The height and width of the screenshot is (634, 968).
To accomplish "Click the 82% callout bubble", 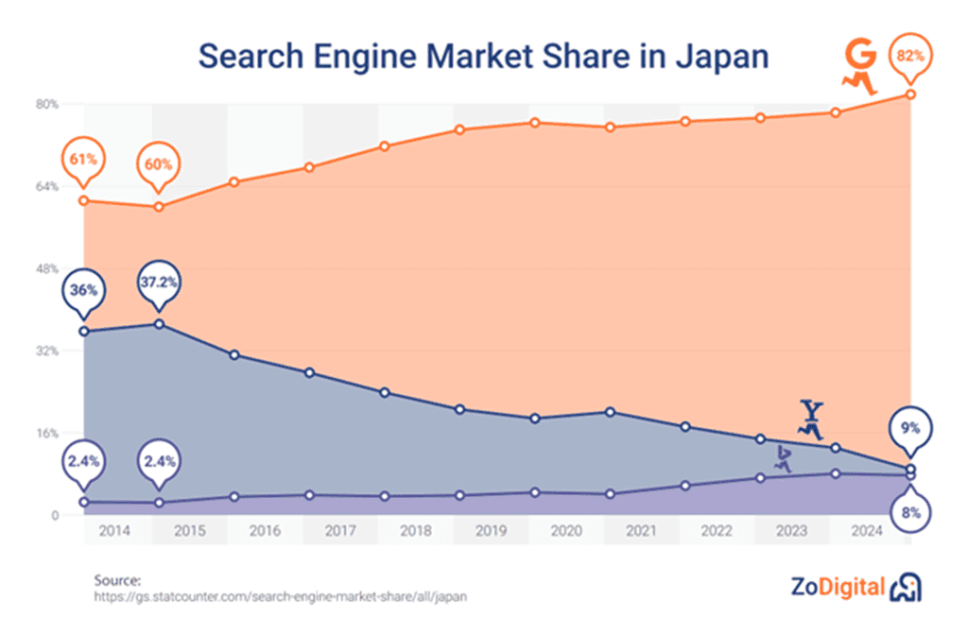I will tap(908, 58).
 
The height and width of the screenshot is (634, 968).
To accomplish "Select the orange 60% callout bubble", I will tap(159, 163).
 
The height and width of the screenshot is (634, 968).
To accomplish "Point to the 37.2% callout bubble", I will tap(159, 283).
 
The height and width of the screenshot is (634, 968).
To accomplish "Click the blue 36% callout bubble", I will tap(83, 290).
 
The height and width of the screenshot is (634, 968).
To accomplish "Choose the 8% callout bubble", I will tap(910, 513).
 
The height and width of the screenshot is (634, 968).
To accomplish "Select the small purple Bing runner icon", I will tap(782, 459).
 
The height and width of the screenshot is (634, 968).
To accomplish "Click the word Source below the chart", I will tap(117, 580).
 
